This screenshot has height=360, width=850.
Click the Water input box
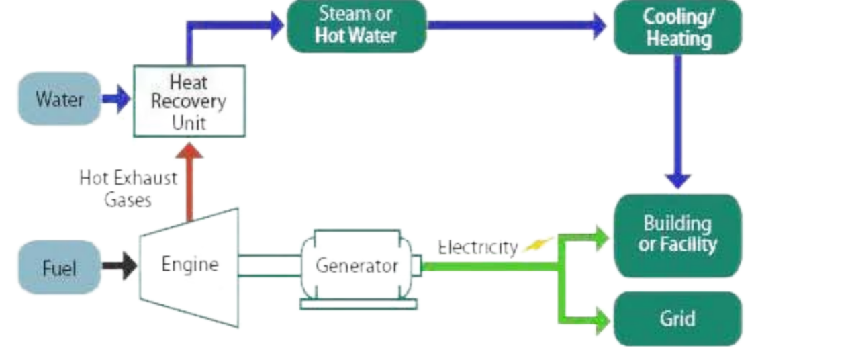[59, 99]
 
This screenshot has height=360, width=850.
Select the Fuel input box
[59, 267]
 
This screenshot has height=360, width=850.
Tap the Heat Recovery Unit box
[189, 101]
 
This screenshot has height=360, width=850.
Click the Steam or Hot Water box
[357, 26]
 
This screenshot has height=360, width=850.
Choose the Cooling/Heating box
[677, 27]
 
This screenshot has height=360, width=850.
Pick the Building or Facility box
[677, 235]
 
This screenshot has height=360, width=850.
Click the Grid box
[677, 318]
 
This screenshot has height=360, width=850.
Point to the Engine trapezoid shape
[189, 266]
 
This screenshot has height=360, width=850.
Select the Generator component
[357, 266]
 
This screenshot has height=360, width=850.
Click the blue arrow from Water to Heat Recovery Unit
[117, 99]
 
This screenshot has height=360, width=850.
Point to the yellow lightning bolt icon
[538, 244]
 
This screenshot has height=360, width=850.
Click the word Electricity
[477, 247]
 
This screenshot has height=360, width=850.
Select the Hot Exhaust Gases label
[128, 189]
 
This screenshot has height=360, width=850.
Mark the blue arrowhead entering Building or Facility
[677, 179]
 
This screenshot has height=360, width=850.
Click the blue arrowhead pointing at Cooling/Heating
[598, 26]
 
